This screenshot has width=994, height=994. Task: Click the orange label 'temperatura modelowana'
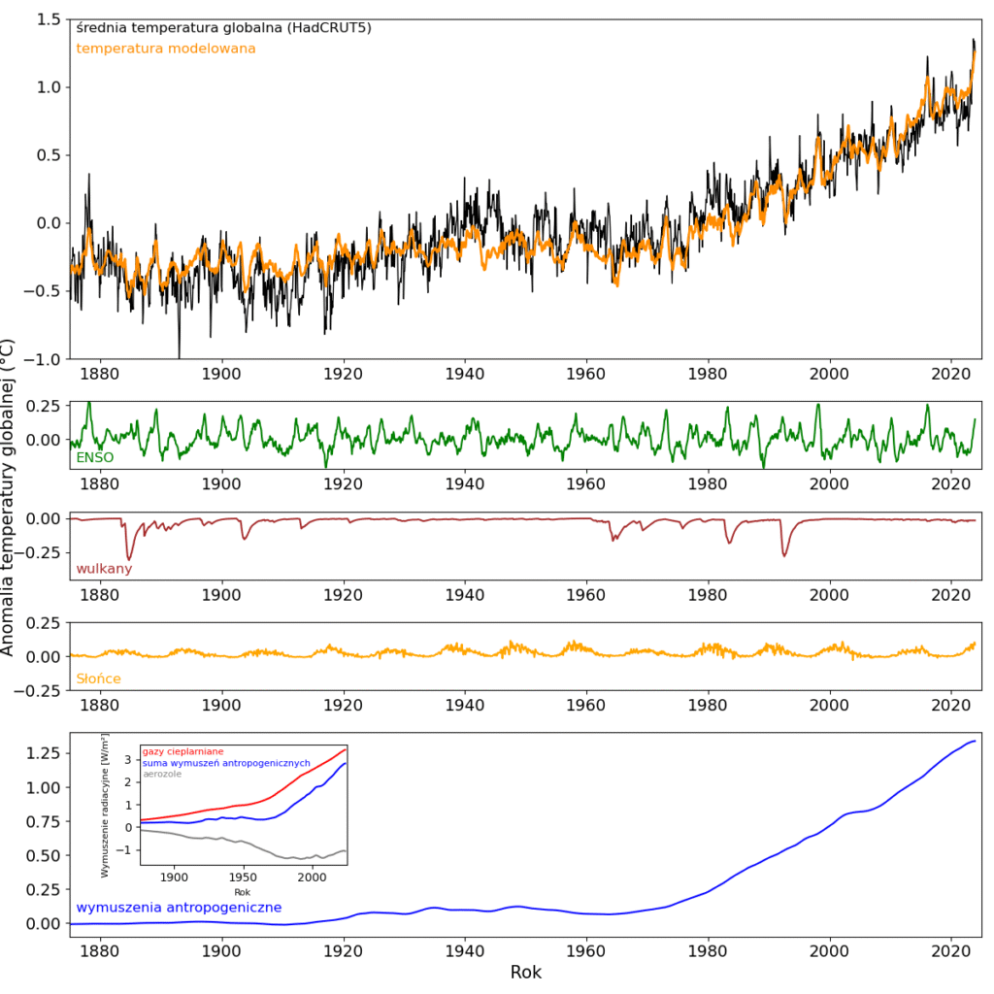tap(166, 49)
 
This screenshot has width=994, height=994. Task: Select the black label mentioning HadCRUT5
tap(223, 28)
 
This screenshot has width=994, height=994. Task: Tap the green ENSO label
tap(94, 456)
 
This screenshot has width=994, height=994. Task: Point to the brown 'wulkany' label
tap(104, 568)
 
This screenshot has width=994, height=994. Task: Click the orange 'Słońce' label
tap(98, 679)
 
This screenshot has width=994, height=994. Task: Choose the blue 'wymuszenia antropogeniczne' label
tap(179, 908)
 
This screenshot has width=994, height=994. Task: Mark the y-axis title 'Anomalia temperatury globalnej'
tap(9, 497)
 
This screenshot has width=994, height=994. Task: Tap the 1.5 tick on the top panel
tap(46, 19)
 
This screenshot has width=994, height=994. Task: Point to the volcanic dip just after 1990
tap(783, 554)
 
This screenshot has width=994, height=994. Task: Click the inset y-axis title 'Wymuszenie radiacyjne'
tap(106, 806)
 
